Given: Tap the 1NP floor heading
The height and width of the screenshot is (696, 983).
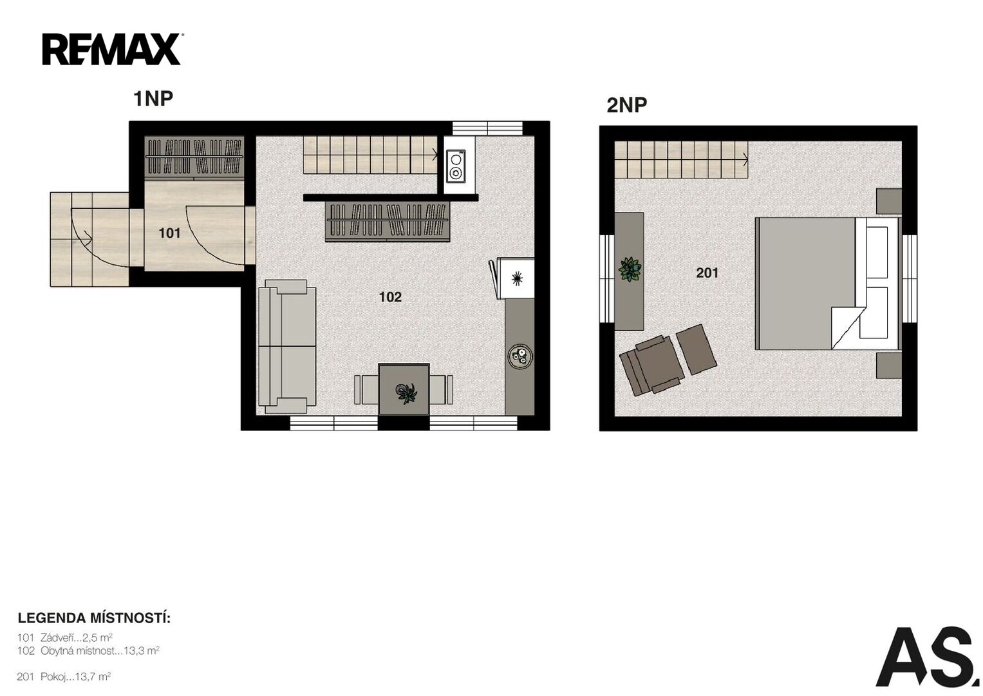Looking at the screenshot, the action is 153,99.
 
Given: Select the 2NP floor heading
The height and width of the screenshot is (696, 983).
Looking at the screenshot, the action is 626,105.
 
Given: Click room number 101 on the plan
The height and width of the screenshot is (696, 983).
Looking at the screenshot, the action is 169,233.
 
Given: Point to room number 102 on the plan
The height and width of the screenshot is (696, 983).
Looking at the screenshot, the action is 390,297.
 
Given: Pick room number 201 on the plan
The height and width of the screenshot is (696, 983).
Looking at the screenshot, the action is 707,273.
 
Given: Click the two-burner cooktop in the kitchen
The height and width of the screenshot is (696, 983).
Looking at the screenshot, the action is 456,166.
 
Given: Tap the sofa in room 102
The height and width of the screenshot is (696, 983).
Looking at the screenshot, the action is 287,347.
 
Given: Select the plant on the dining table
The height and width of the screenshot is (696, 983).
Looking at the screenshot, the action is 407,392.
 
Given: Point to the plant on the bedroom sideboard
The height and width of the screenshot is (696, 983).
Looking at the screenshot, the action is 630,269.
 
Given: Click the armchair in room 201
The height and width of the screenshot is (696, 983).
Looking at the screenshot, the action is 651,365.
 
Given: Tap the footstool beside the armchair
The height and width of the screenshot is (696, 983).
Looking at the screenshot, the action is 696,350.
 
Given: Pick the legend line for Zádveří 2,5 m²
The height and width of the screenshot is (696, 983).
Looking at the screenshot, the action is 65,637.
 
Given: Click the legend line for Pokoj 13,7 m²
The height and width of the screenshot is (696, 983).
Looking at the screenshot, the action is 64,677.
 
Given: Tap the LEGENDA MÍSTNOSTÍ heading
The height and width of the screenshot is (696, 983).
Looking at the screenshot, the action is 94,618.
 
